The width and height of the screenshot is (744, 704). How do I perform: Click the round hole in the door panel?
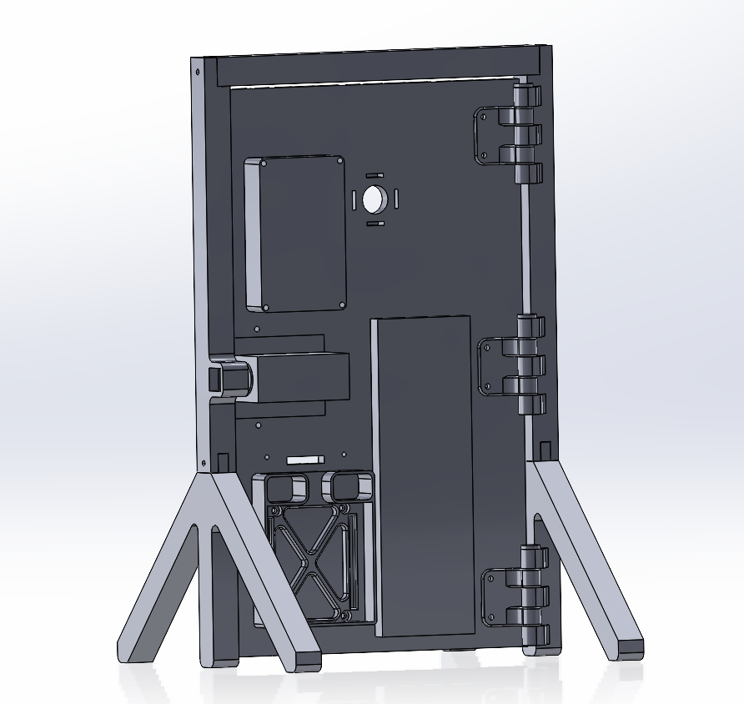pos(372,199)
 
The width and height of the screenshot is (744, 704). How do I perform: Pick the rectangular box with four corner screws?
pos(296,234)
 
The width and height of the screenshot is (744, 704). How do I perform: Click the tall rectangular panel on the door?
pos(424,471)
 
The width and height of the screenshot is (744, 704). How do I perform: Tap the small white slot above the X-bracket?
pos(304,459)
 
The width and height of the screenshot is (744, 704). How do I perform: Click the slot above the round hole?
pos(375,174)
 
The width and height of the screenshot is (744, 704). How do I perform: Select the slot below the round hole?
pos(375,224)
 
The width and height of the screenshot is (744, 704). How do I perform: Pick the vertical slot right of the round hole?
pos(397,199)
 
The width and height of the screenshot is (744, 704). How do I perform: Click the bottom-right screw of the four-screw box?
pos(340,306)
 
